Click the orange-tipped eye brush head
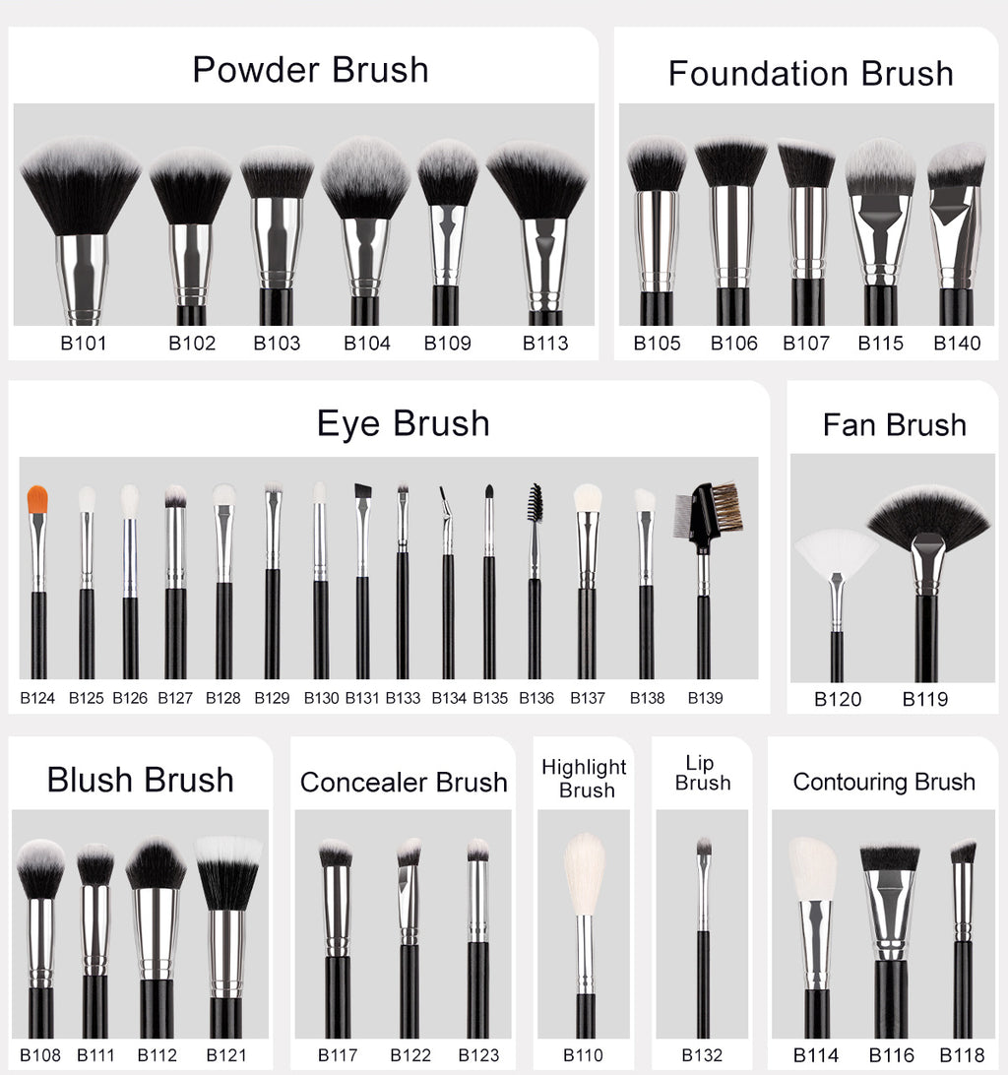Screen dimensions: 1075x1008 click(x=37, y=498)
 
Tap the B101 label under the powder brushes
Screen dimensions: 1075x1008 click(x=84, y=344)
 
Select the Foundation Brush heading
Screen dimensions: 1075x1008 click(x=810, y=74)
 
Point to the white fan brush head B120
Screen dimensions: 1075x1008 click(x=836, y=553)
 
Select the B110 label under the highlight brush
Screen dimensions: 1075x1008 click(x=583, y=1055)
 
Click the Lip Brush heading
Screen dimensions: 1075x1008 click(x=703, y=773)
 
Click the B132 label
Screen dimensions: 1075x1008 click(x=702, y=1055)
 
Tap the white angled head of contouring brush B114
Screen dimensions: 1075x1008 click(x=812, y=868)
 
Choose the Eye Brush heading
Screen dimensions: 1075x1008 click(x=403, y=423)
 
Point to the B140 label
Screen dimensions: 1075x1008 click(x=957, y=344)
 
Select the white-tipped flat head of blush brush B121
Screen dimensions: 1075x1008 click(x=228, y=870)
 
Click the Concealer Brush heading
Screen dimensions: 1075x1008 click(x=404, y=783)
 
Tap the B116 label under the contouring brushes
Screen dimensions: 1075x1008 click(x=891, y=1055)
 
